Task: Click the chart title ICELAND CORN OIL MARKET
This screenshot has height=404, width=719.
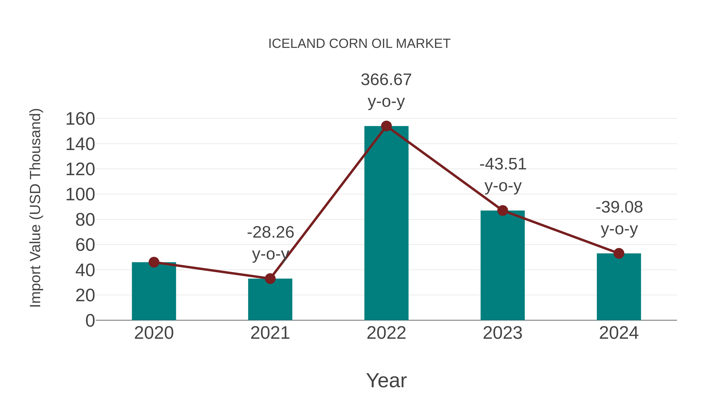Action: pos(359,43)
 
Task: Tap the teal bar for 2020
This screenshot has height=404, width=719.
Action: pos(154,293)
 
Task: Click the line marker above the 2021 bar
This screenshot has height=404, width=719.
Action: pos(270,278)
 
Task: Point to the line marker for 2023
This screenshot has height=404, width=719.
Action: pos(503,210)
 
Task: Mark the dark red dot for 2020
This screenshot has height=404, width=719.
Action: pos(154,262)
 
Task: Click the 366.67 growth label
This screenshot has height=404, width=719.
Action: pos(386,80)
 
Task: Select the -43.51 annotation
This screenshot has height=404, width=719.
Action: pos(503,164)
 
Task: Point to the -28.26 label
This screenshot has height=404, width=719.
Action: pos(270,232)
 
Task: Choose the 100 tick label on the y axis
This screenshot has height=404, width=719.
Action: pos(80,195)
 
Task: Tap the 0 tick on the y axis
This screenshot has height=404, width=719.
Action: pos(90,320)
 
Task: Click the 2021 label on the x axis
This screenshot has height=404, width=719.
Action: pos(270,333)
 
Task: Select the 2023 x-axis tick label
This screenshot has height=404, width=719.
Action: pos(503,333)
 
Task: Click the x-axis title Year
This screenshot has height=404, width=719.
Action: pos(386,380)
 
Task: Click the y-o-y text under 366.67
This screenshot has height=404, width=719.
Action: pos(386,102)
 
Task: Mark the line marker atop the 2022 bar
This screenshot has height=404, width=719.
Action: pos(386,126)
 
